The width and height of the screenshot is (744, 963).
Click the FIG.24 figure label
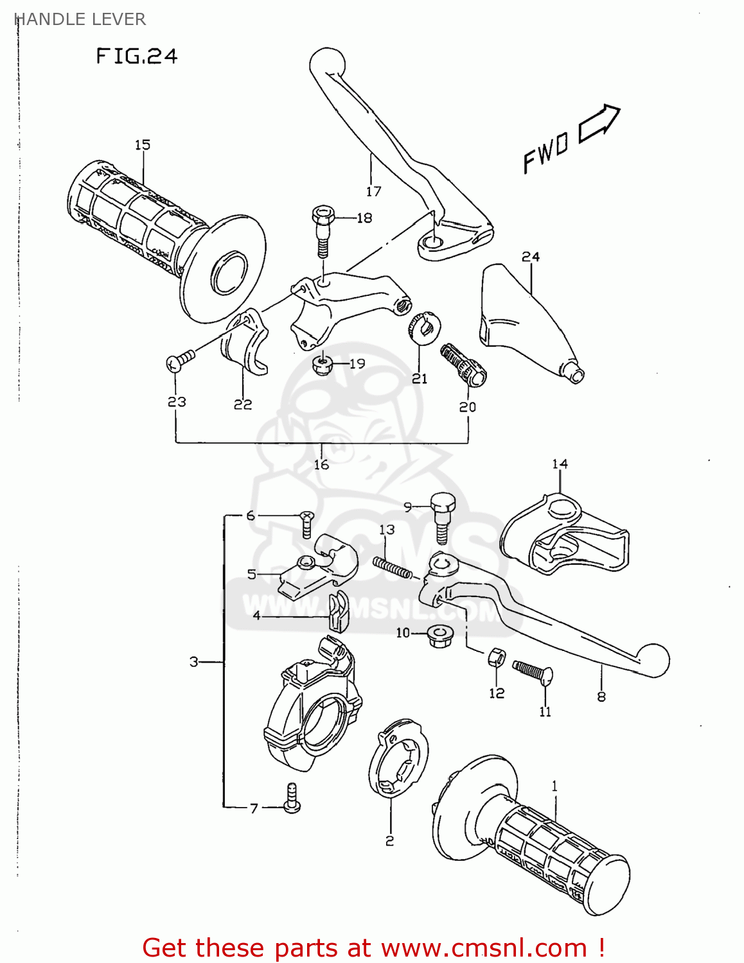tap(136, 56)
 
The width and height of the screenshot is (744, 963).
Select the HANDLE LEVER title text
tap(80, 19)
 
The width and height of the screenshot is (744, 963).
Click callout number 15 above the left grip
tap(142, 145)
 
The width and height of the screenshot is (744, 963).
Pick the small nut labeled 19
tap(322, 365)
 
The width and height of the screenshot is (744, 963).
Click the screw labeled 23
tap(179, 360)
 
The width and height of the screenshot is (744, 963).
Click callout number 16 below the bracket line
tap(321, 464)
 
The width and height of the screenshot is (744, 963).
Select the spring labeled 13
tap(392, 568)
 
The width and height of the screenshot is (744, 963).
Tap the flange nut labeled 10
tap(439, 636)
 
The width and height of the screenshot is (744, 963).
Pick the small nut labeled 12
tap(497, 657)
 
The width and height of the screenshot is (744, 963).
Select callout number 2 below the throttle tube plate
tap(389, 840)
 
